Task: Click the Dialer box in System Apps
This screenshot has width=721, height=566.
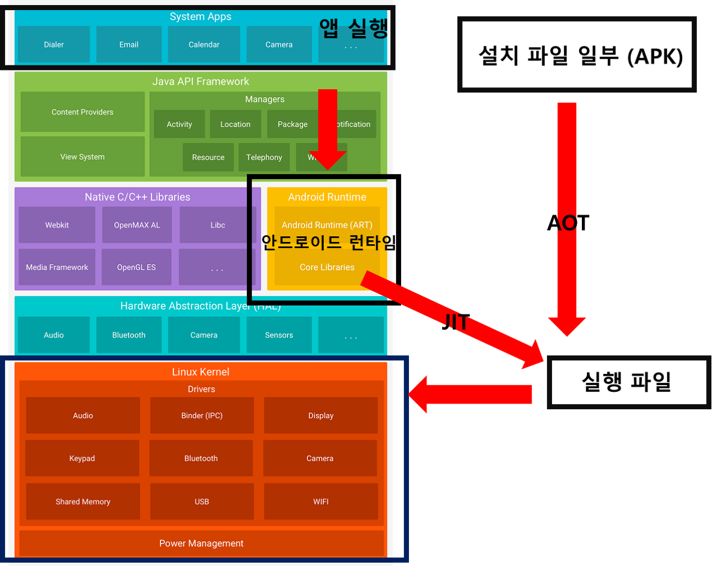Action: (x=54, y=45)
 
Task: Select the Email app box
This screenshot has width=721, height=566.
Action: (x=128, y=45)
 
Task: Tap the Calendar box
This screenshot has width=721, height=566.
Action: (x=204, y=45)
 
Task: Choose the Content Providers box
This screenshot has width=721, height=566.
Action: (x=82, y=112)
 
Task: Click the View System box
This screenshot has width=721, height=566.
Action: (x=82, y=157)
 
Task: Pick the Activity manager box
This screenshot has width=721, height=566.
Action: (x=179, y=124)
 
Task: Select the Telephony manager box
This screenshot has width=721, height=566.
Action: (x=264, y=157)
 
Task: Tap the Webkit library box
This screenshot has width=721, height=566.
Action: (x=57, y=225)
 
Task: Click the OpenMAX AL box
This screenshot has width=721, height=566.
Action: (x=137, y=225)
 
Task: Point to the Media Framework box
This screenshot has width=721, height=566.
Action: (x=57, y=267)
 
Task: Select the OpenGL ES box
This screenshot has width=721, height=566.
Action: (x=136, y=267)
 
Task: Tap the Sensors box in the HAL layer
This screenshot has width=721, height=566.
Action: (x=279, y=335)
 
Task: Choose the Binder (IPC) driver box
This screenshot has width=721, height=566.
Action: (x=202, y=415)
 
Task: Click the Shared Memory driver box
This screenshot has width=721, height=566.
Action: (x=83, y=502)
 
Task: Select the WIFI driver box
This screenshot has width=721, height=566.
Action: (x=321, y=502)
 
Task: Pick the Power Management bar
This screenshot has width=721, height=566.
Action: (x=201, y=543)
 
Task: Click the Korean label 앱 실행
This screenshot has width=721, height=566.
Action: (x=354, y=28)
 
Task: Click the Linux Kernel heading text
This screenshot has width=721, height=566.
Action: (x=201, y=372)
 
